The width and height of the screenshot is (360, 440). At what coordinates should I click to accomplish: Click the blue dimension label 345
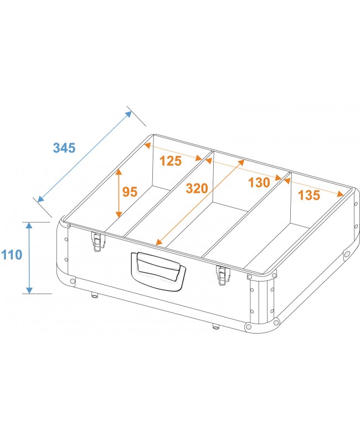click(64, 148)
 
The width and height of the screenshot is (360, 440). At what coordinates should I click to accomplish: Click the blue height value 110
click(12, 255)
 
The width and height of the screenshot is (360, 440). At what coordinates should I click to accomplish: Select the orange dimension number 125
click(170, 161)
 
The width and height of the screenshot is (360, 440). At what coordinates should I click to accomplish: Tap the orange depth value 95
click(130, 192)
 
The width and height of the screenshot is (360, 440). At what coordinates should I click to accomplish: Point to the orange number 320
click(197, 188)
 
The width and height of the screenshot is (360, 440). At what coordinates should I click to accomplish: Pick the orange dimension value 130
click(259, 182)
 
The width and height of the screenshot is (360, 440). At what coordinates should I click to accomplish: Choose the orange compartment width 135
click(308, 195)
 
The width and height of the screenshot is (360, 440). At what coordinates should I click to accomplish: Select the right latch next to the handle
click(223, 274)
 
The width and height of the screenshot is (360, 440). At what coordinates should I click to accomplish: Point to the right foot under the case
click(215, 325)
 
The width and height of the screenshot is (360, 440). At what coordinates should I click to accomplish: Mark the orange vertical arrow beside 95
click(119, 193)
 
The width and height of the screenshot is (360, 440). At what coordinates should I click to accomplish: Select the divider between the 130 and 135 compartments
click(249, 216)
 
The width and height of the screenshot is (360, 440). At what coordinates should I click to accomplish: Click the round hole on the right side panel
click(347, 254)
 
